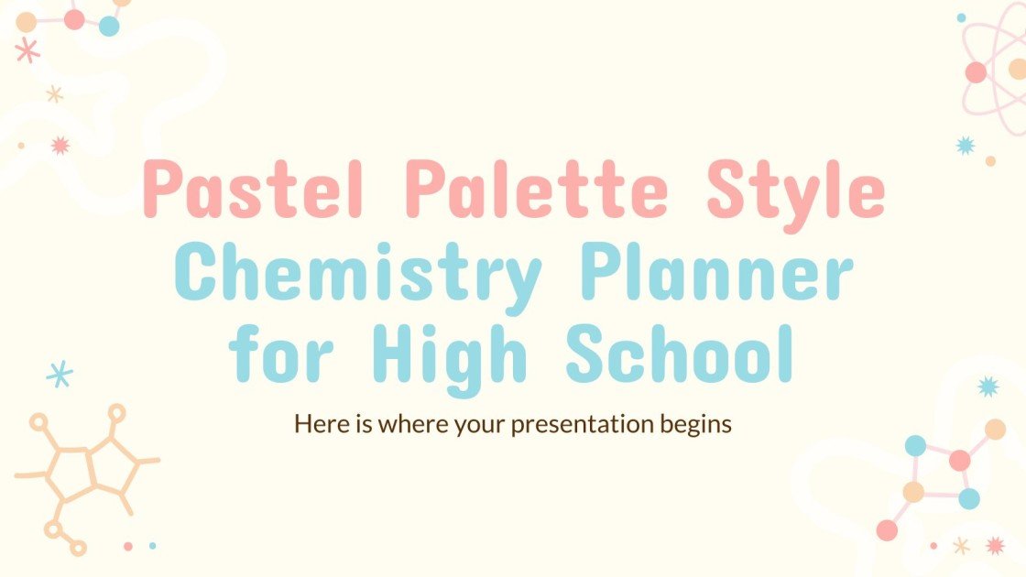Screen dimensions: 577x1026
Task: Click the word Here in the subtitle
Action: tap(315, 424)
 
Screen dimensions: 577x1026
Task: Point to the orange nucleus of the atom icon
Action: tap(1018, 69)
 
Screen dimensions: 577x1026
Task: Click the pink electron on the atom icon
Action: tap(976, 72)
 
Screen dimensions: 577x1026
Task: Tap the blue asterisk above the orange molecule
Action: tap(60, 373)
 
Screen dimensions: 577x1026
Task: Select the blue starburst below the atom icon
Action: tap(965, 145)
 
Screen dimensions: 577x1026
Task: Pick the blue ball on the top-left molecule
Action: tap(109, 27)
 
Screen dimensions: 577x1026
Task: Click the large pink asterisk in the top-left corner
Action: tap(27, 50)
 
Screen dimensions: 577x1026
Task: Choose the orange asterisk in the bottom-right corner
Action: tap(961, 546)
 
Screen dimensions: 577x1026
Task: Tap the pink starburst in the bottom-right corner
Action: tap(995, 546)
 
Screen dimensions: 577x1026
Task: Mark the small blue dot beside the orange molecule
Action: tap(152, 546)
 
